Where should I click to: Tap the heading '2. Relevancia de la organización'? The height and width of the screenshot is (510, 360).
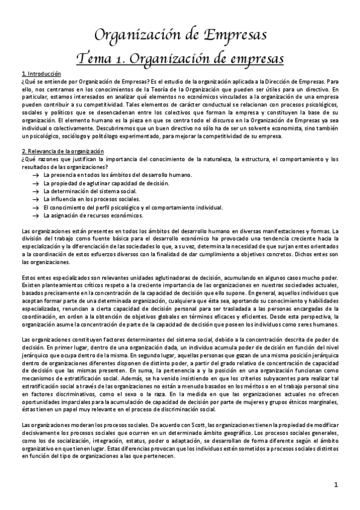(62, 150)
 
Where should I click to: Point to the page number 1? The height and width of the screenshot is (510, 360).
(337, 484)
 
